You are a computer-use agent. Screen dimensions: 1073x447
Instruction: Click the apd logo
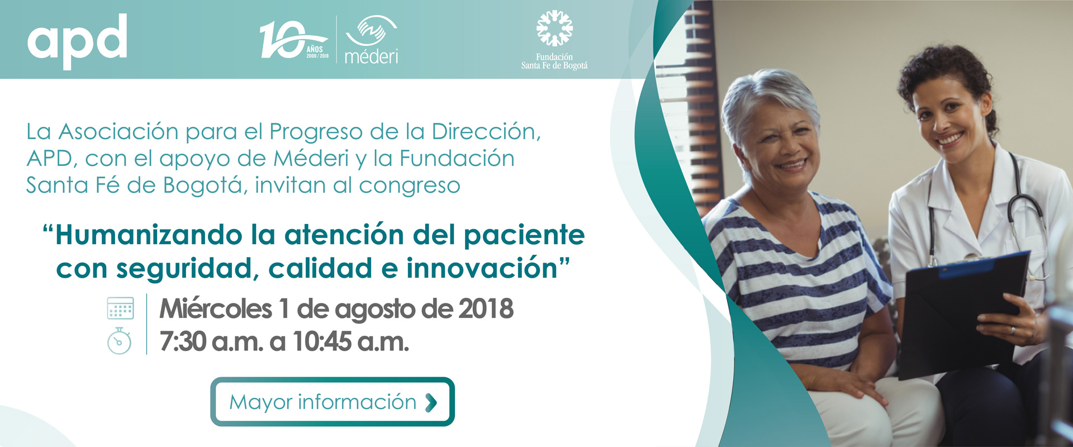[77, 41]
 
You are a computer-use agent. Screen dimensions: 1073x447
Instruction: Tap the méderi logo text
[372, 56]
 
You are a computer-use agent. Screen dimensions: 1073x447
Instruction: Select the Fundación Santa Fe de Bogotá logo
[554, 40]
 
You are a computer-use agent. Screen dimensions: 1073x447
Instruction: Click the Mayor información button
[333, 402]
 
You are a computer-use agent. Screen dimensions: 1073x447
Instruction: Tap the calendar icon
[120, 308]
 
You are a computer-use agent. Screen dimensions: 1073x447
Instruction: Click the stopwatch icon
[119, 341]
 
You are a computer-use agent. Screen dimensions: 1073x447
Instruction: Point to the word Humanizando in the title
[149, 235]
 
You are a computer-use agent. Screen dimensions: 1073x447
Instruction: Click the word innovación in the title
[482, 268]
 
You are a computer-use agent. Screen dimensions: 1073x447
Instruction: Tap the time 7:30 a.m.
[211, 341]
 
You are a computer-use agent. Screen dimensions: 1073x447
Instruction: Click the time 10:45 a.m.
[351, 341]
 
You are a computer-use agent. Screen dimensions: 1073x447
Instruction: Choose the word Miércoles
[216, 309]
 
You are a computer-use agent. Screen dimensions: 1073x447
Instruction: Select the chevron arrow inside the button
[431, 402]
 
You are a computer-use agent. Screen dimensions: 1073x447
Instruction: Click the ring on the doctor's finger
[1013, 331]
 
